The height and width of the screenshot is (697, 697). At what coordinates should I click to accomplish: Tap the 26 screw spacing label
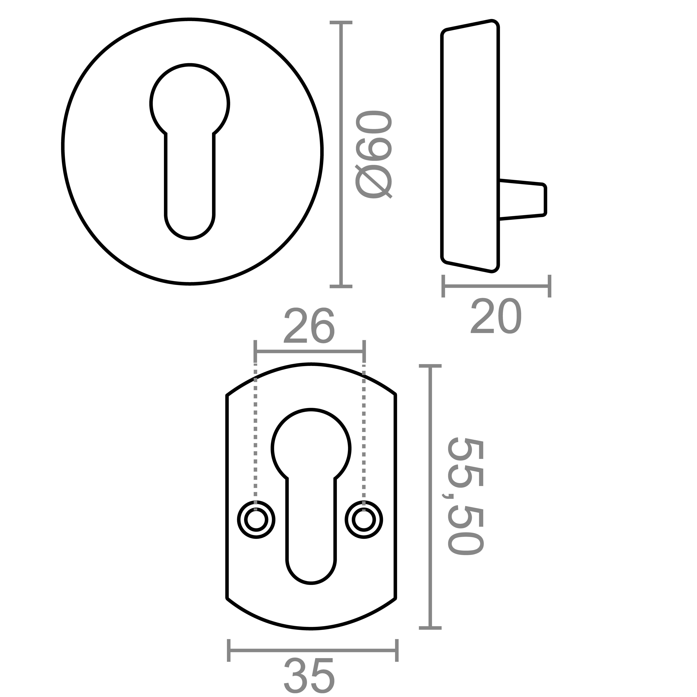[x=309, y=326]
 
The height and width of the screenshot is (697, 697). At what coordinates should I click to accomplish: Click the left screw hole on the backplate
[x=256, y=520]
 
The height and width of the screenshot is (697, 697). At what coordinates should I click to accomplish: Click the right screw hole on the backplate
[x=364, y=520]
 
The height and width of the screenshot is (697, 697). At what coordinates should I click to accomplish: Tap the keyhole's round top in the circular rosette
[x=190, y=103]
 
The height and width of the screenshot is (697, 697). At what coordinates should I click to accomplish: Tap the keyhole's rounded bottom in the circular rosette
[x=190, y=220]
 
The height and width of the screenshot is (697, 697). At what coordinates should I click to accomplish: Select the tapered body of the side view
[x=470, y=146]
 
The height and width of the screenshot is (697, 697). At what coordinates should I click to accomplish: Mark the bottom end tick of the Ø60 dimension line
[x=341, y=286]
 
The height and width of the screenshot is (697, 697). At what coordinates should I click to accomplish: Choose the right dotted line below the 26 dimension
[x=364, y=433]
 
